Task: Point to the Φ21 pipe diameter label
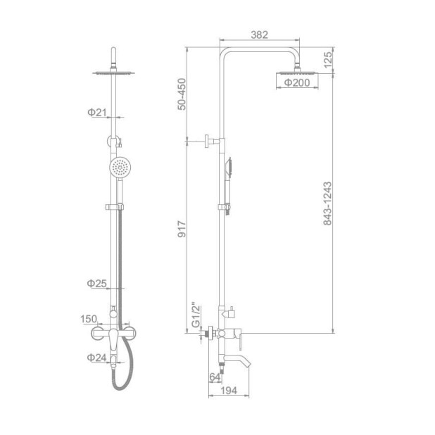96,113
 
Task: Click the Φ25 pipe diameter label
96,283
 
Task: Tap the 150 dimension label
88,319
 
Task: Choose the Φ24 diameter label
96,357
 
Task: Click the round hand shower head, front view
120,168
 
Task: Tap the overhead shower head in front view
112,72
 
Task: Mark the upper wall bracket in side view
210,141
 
